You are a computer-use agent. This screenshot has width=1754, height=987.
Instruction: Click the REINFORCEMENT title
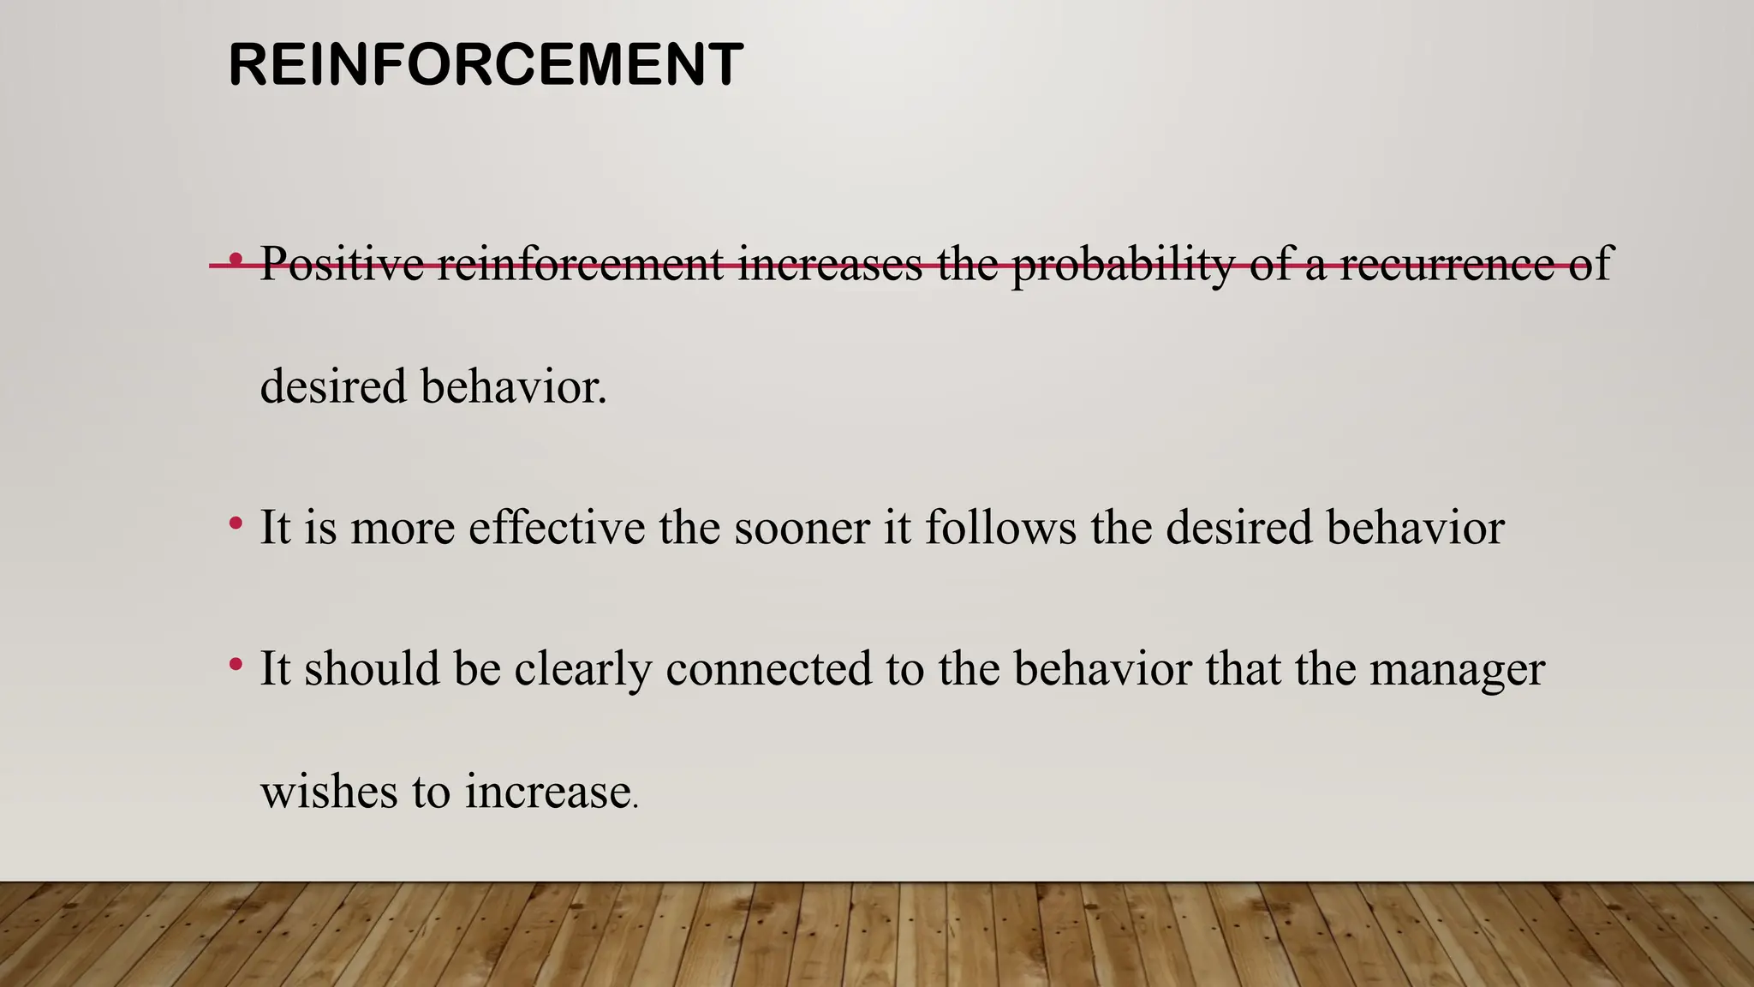(x=486, y=65)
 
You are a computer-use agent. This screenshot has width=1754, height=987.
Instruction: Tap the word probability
(x=1122, y=264)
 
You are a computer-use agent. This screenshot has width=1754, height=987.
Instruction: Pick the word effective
(x=557, y=527)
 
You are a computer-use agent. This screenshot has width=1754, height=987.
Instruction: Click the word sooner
(x=802, y=527)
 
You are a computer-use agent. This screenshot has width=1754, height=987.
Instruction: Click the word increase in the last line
(x=548, y=792)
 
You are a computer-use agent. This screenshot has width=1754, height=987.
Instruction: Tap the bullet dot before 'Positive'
(x=236, y=258)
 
